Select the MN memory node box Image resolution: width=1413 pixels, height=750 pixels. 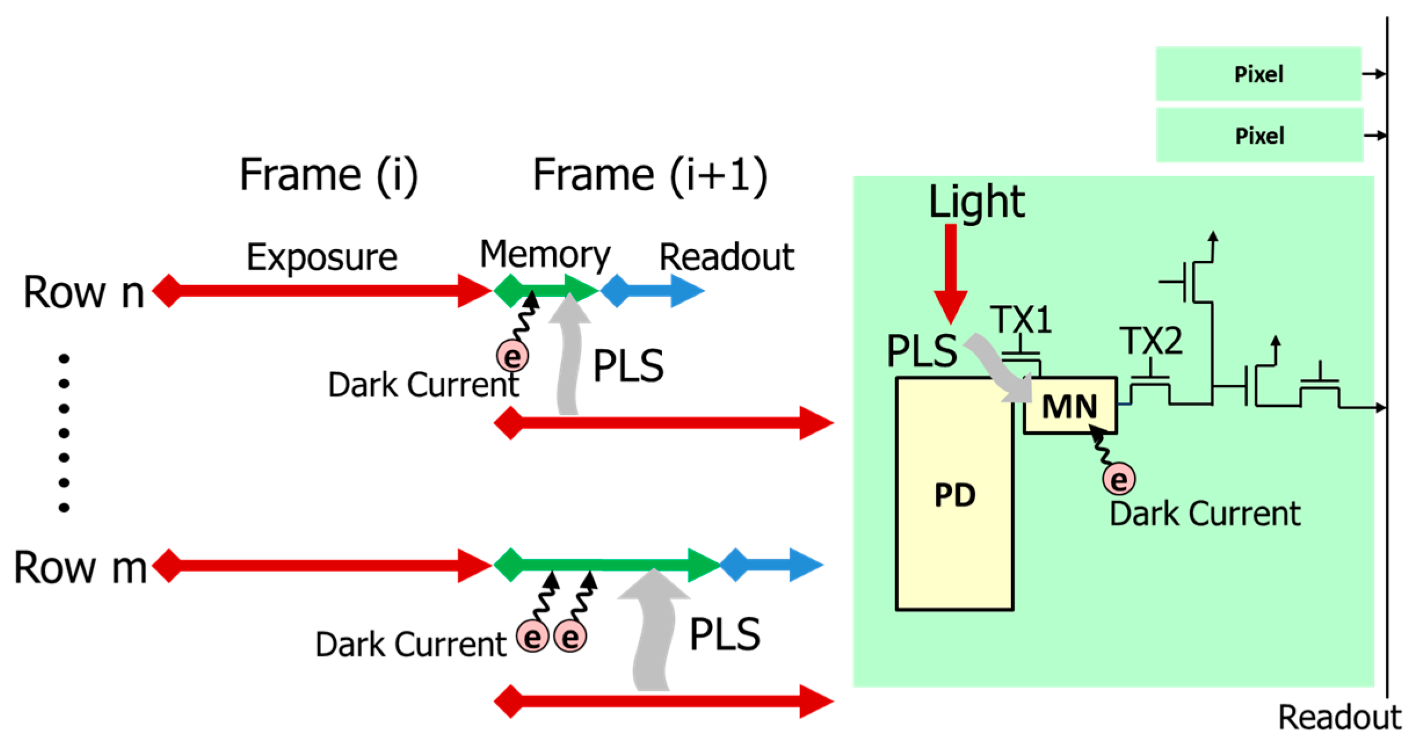(1070, 406)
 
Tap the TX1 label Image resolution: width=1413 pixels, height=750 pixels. (1020, 319)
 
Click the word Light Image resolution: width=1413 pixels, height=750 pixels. (976, 202)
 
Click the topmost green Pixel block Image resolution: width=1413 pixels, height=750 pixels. (1258, 74)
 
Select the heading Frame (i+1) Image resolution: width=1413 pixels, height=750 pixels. (649, 174)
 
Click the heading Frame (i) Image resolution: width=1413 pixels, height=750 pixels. (328, 174)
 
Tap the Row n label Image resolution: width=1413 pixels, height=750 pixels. (83, 292)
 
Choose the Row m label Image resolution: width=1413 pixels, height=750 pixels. (80, 567)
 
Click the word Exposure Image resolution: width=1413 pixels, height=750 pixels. (322, 257)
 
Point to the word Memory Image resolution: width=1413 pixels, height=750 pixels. (544, 255)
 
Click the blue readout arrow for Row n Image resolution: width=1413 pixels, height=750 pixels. (652, 290)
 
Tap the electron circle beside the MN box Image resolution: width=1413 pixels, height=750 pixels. (1118, 479)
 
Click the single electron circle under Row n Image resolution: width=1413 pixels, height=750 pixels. (513, 356)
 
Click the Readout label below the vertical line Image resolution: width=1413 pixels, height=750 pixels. (1339, 718)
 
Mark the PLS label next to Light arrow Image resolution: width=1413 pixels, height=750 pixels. (921, 351)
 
